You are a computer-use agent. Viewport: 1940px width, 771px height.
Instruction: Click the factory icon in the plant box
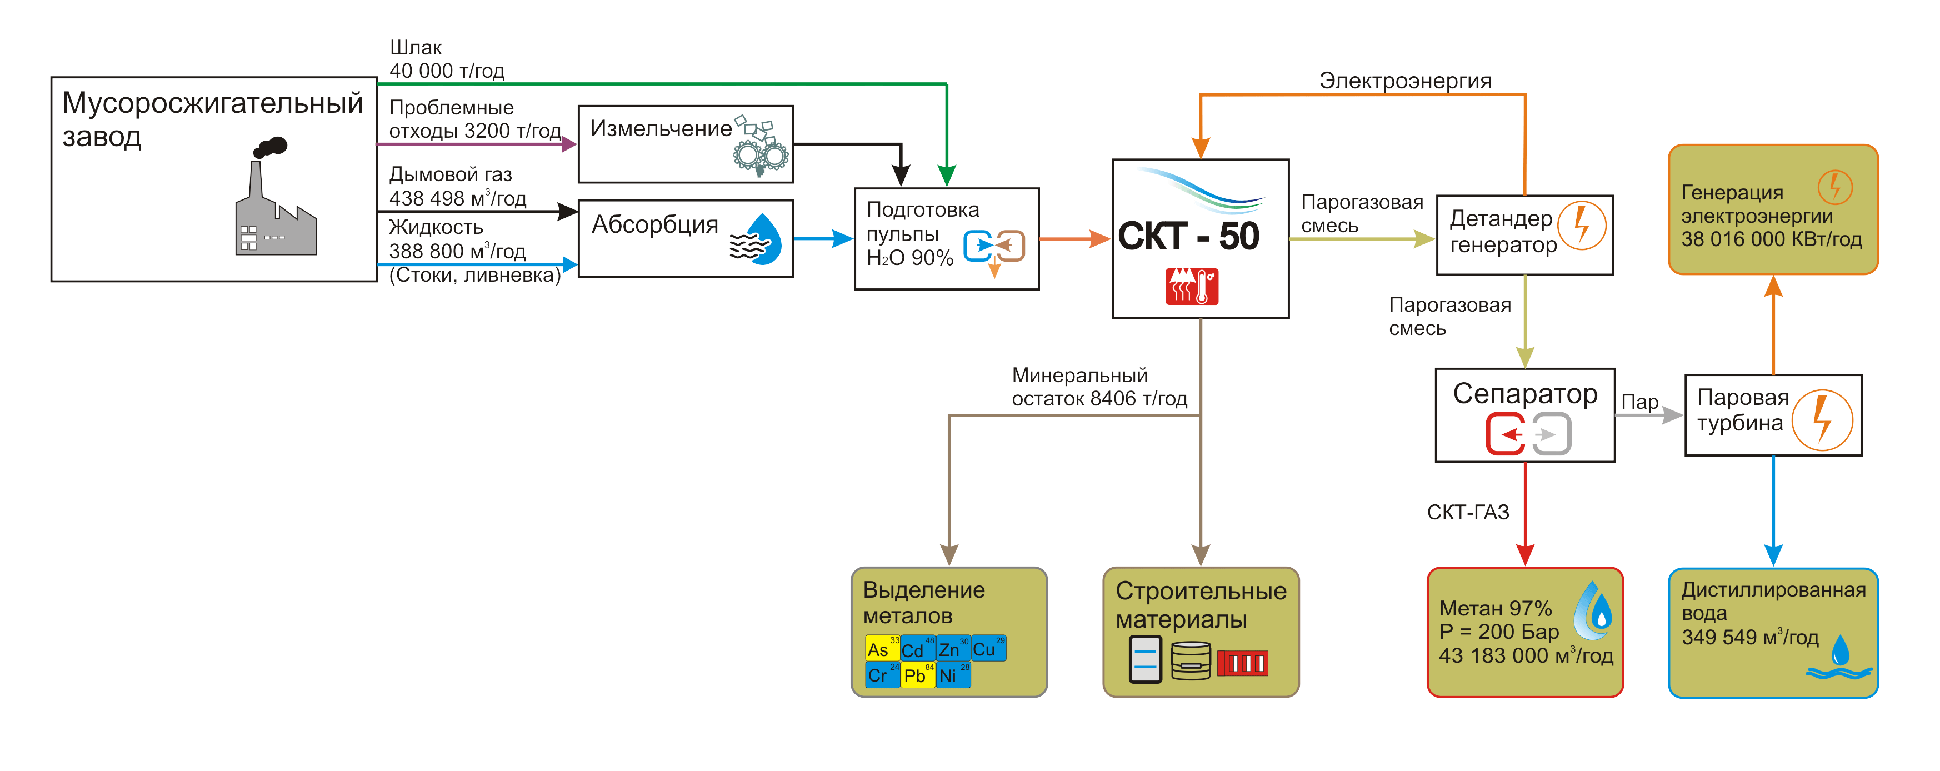(x=275, y=199)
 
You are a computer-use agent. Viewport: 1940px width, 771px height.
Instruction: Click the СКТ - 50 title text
(x=1188, y=237)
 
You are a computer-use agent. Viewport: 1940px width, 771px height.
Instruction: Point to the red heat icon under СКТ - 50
(x=1192, y=286)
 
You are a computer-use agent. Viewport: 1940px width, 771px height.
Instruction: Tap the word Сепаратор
(x=1525, y=394)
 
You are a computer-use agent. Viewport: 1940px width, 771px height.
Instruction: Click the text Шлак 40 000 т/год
(x=447, y=59)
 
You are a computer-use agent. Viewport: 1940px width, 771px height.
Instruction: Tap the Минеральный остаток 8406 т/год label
(x=1099, y=387)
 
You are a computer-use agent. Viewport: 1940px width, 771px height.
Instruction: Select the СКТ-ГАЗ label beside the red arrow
(x=1468, y=513)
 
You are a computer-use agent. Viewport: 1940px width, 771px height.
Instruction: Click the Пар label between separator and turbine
(x=1639, y=402)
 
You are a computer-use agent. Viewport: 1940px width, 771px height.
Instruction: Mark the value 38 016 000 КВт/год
(x=1771, y=239)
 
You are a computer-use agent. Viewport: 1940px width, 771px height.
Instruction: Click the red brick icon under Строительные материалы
(x=1243, y=663)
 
